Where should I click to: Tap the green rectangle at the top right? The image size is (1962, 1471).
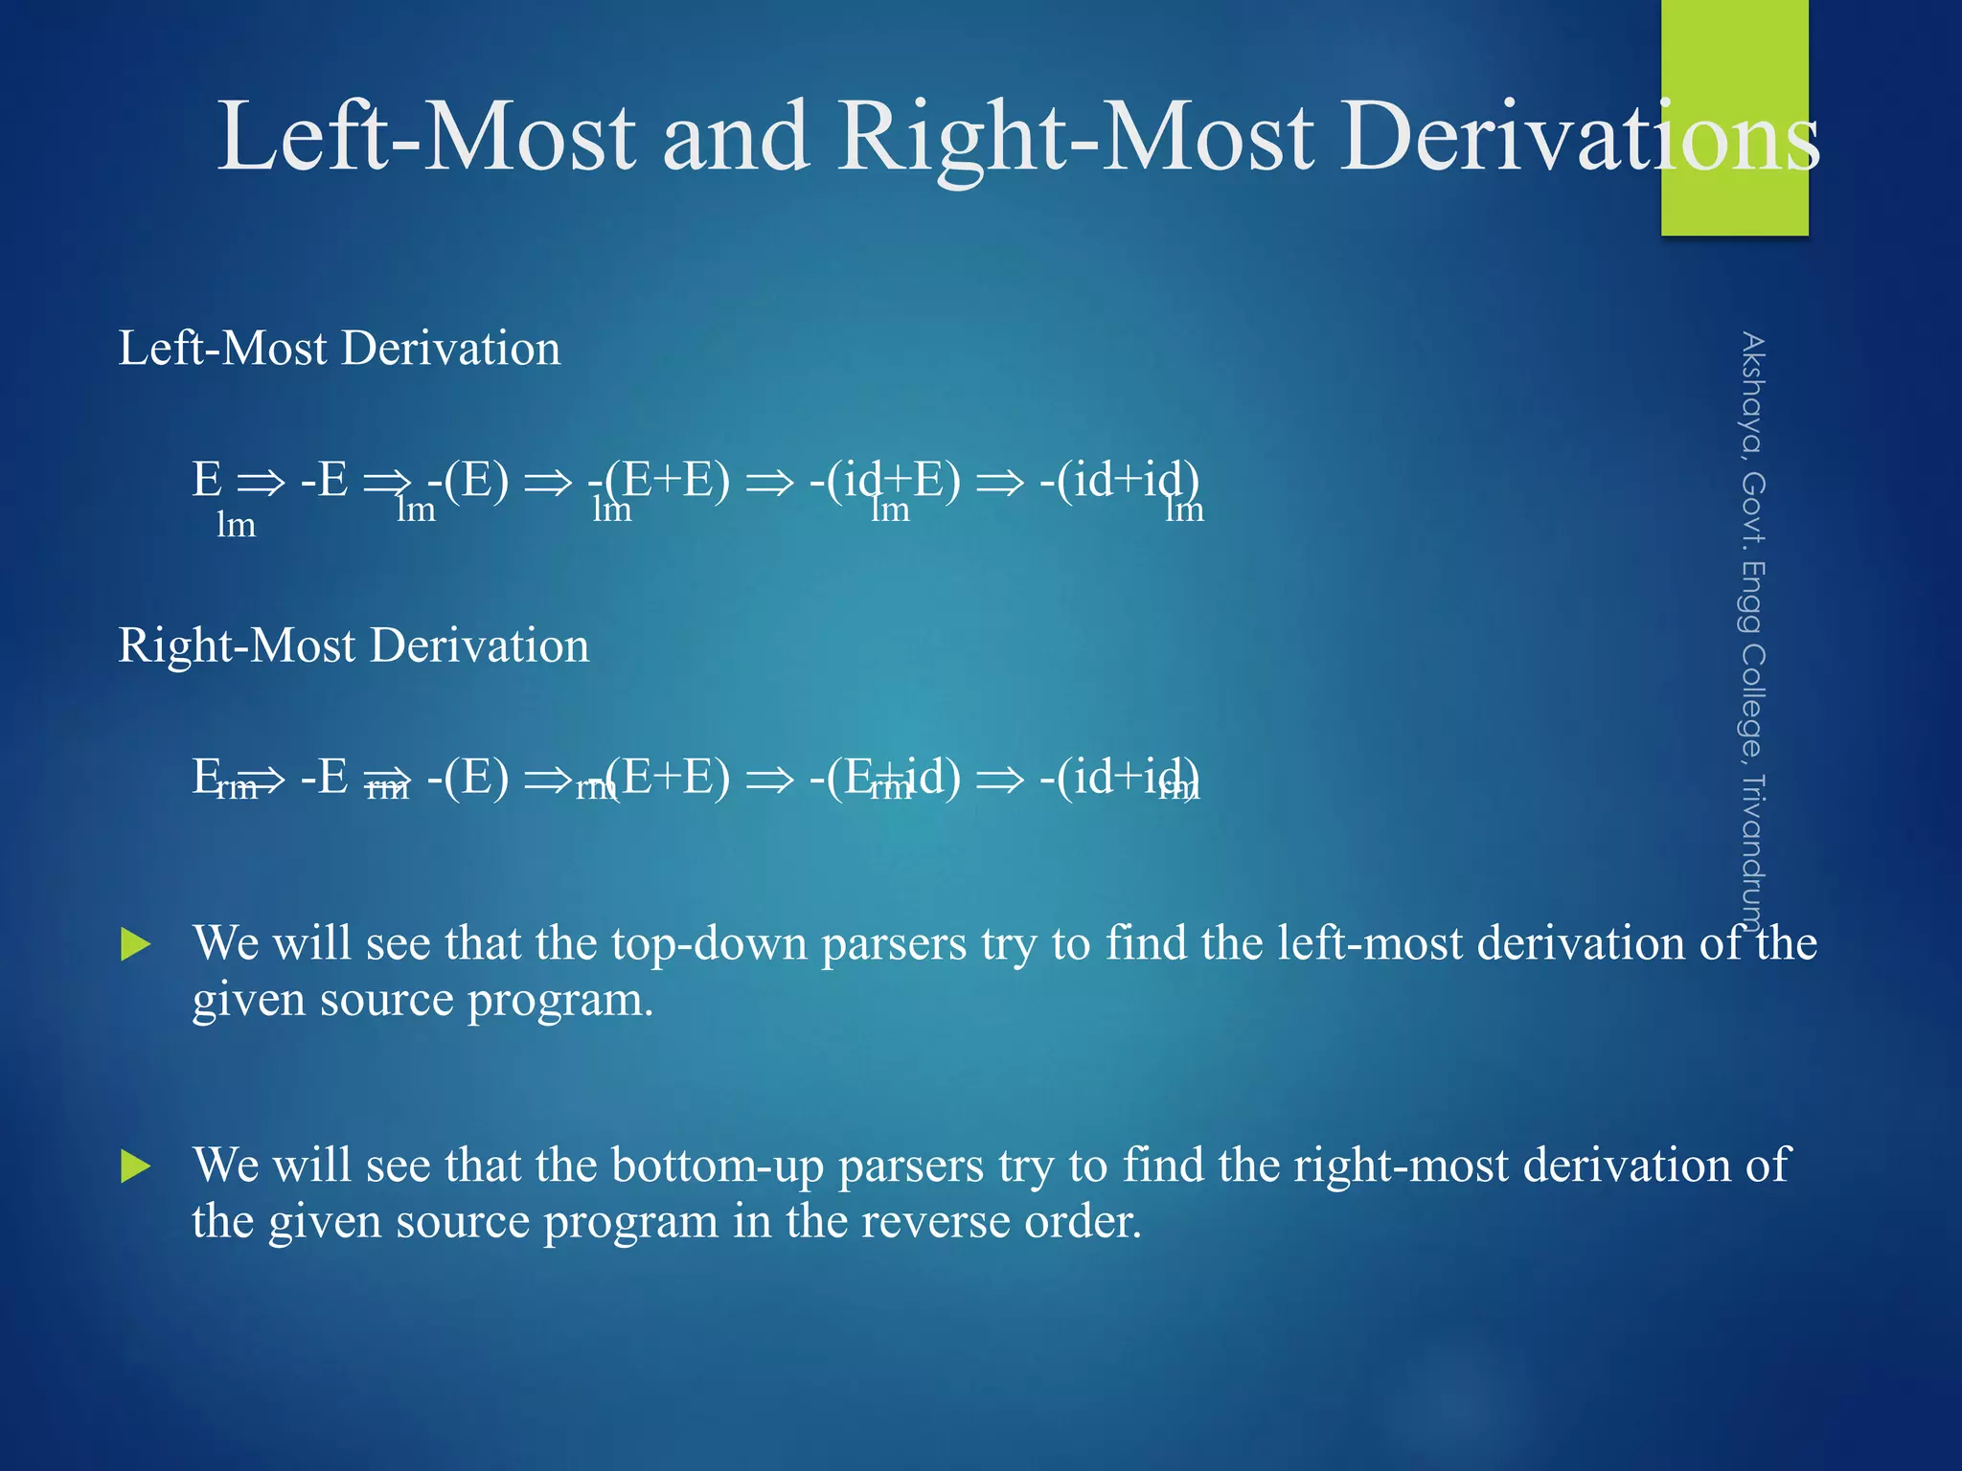[1734, 57]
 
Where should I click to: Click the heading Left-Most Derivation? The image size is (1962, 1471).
[339, 348]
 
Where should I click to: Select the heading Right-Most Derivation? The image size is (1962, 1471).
[354, 645]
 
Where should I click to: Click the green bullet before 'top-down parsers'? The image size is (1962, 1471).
[136, 944]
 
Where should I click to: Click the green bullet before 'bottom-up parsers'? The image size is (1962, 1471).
[136, 1166]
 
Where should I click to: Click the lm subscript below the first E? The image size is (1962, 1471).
[236, 526]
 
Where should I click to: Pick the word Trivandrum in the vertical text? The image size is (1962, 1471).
[1752, 852]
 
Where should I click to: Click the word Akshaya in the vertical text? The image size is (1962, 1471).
[1752, 393]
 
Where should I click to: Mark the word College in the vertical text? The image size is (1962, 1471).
[1752, 700]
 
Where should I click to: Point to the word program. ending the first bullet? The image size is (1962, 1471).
[560, 1001]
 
